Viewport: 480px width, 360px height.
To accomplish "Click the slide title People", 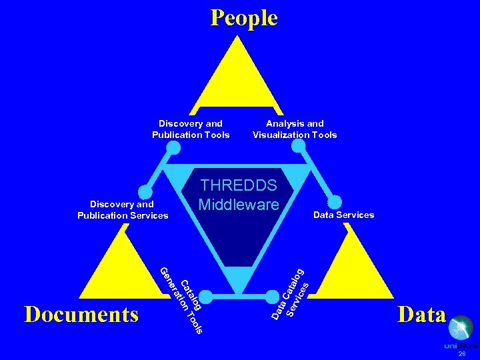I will pos(244,17).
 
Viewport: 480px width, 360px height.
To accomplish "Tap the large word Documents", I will pos(81,313).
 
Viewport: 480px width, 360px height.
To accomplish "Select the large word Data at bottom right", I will pos(421,313).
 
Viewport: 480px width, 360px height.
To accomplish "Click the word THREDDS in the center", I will pos(239,186).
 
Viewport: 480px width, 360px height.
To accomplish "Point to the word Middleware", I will pos(239,204).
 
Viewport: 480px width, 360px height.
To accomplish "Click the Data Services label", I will pos(343,215).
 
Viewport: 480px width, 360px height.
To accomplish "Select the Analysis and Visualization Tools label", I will pos(295,129).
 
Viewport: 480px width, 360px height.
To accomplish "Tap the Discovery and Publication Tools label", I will pos(191,129).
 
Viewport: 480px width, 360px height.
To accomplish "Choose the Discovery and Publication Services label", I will pos(123,209).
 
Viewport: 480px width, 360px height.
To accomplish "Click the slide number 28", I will pos(462,354).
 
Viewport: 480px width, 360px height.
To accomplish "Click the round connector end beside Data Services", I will pos(336,201).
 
